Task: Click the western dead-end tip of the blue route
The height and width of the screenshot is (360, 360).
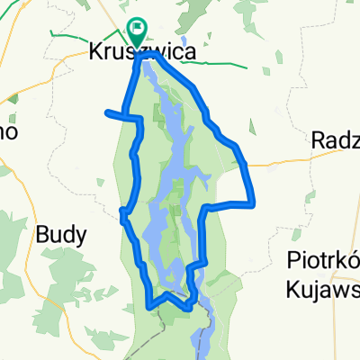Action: coord(107,112)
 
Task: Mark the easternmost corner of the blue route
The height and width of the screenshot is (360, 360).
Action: coord(255,202)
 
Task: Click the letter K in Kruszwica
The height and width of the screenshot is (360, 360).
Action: coord(96,52)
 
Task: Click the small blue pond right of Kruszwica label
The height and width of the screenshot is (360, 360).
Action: coord(184,41)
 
